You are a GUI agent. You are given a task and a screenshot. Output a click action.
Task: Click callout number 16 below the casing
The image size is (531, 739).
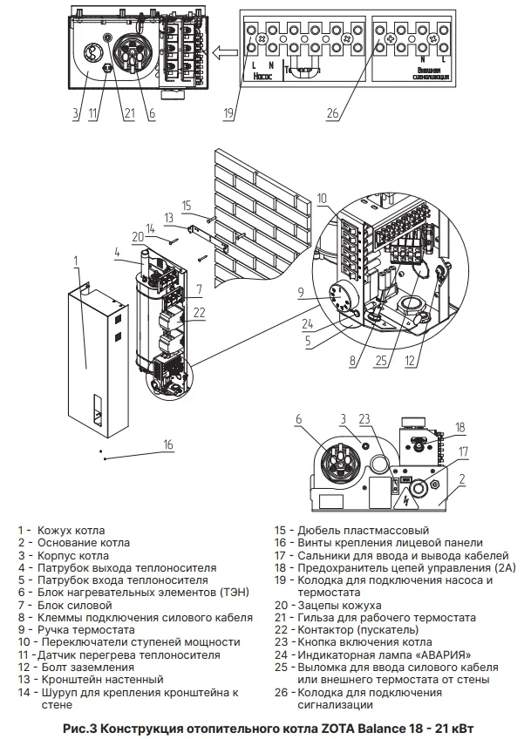tap(168, 444)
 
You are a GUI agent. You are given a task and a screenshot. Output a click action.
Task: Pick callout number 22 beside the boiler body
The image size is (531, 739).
tap(200, 313)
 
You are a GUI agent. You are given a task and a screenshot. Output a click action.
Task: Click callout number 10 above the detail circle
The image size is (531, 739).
tap(322, 200)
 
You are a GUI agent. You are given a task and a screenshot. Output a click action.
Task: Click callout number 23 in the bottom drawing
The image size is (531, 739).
tap(365, 419)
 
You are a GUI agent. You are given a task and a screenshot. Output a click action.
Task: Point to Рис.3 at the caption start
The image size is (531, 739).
tap(81, 727)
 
